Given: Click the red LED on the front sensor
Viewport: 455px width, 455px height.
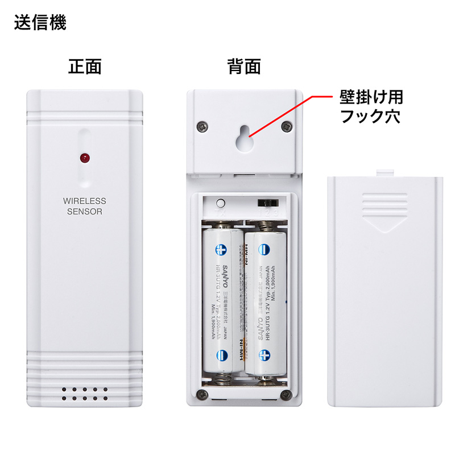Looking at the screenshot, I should (x=84, y=156).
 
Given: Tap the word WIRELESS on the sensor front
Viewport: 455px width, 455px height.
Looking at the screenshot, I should (x=84, y=201).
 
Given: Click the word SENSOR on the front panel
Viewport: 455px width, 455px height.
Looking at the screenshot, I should (x=84, y=212).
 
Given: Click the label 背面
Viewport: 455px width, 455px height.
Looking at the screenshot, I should (x=244, y=67).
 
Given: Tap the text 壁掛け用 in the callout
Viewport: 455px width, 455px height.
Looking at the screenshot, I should (x=371, y=97).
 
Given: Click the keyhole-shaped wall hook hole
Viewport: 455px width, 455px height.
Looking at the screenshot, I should (x=244, y=136).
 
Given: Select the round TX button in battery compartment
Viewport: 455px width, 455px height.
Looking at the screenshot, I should (x=221, y=202).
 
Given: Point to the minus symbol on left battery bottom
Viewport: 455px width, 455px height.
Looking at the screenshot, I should (x=222, y=356).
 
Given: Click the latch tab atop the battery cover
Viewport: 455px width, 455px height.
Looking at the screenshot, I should (x=386, y=171).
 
